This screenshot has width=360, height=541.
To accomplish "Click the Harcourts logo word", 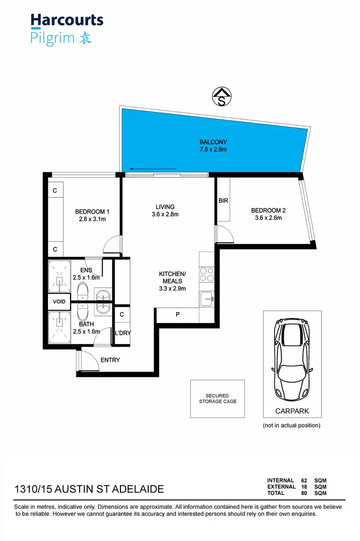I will (x=67, y=20).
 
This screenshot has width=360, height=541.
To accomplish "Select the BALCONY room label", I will (x=213, y=142).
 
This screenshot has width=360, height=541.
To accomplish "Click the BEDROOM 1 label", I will (x=92, y=212).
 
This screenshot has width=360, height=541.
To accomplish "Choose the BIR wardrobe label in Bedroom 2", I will (x=223, y=201).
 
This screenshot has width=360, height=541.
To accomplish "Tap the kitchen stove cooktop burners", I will (x=207, y=274).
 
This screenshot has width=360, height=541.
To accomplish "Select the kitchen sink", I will (x=208, y=299).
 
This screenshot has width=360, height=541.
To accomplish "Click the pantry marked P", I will (x=178, y=315).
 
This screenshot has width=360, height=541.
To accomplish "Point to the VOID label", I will (x=59, y=301).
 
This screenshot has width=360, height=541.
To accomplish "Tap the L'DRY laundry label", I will (x=122, y=333).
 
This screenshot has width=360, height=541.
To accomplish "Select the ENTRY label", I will (x=110, y=360).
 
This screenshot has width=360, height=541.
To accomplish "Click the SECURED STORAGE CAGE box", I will (x=217, y=398).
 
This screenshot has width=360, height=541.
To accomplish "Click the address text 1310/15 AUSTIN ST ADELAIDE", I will (x=89, y=489).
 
